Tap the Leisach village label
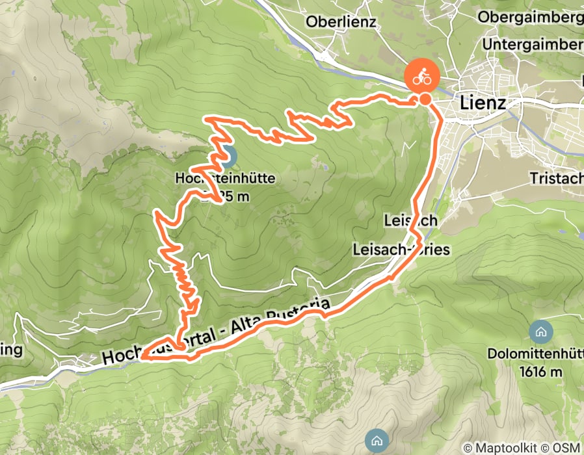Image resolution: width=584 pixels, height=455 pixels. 410,221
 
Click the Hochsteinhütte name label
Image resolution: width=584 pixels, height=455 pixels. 225,177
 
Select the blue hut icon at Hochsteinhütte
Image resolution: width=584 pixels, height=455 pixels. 227,156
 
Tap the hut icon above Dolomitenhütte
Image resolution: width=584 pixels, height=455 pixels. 540,331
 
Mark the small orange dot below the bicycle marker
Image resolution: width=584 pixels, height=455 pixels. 425,99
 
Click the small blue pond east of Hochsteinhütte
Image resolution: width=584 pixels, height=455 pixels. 324,168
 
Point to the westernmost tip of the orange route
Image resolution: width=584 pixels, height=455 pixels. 142,357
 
